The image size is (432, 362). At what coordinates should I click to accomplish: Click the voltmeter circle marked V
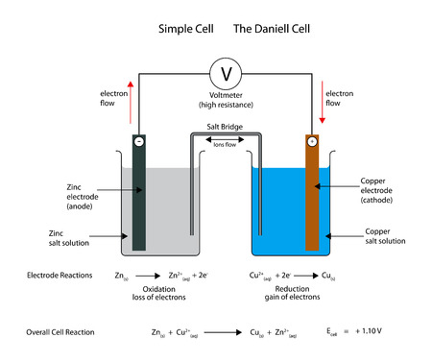tap(226, 73)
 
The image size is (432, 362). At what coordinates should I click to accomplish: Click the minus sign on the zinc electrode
tap(140, 140)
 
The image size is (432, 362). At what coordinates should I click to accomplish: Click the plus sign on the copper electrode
tap(312, 140)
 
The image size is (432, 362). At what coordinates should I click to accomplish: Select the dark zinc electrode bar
tap(140, 197)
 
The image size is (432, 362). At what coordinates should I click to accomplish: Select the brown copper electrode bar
tap(312, 197)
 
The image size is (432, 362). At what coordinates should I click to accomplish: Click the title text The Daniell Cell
tap(272, 29)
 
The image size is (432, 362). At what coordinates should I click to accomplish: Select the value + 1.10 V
tap(384, 331)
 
